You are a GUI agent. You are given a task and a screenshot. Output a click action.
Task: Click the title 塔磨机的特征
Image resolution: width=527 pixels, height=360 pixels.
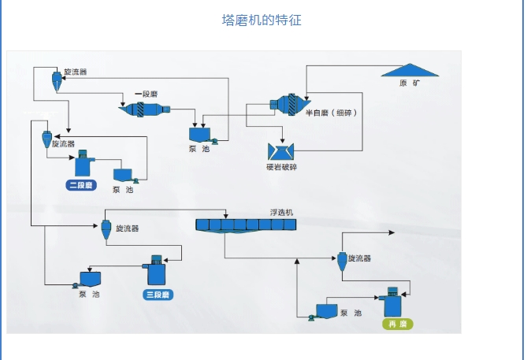tap(262, 20)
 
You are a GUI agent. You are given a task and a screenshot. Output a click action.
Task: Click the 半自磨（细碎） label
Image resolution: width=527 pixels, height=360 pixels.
tap(331, 113)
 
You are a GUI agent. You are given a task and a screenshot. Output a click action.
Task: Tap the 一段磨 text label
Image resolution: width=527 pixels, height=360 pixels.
tap(148, 93)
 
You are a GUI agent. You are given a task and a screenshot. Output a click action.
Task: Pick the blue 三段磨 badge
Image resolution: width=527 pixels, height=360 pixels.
tap(157, 295)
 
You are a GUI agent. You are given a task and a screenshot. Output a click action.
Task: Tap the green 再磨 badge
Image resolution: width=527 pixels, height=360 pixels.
tap(396, 324)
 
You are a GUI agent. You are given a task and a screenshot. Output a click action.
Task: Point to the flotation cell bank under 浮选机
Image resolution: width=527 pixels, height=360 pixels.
tap(246, 225)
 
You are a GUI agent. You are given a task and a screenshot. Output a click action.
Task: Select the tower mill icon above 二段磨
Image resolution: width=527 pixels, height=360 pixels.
tap(84, 163)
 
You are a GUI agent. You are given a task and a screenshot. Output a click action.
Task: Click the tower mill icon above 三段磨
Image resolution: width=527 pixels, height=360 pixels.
tap(156, 270)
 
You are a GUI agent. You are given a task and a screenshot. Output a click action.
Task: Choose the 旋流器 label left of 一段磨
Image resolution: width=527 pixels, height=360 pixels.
tap(75, 72)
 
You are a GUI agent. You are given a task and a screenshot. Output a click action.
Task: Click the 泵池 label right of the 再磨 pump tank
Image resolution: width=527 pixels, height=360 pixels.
tap(351, 314)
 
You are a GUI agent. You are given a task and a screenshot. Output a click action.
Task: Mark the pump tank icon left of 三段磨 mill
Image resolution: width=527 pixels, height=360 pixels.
tap(90, 278)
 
